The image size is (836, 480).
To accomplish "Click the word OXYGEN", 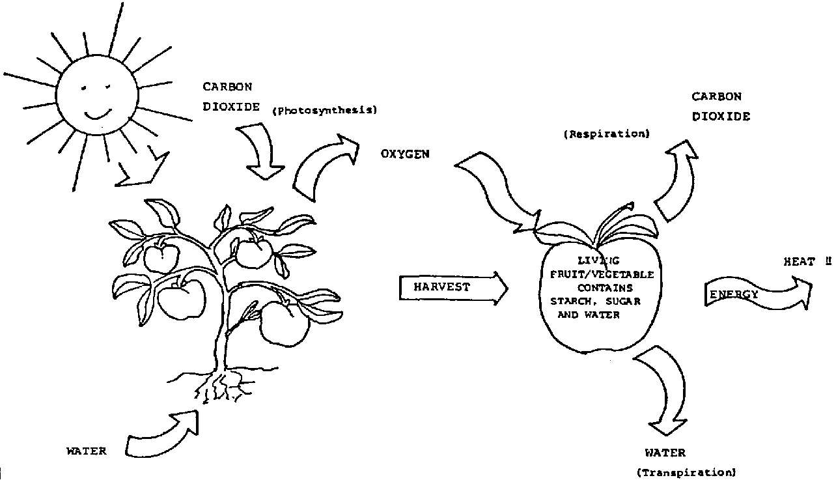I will [405, 154].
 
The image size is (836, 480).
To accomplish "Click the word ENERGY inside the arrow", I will [734, 294].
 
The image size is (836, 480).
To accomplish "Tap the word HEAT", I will [799, 262].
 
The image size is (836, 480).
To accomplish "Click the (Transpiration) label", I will [686, 473].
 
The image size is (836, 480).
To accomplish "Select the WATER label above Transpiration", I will [665, 453].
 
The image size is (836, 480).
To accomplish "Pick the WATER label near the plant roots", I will [87, 450].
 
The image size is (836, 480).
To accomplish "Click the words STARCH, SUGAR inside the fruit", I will [591, 301].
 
